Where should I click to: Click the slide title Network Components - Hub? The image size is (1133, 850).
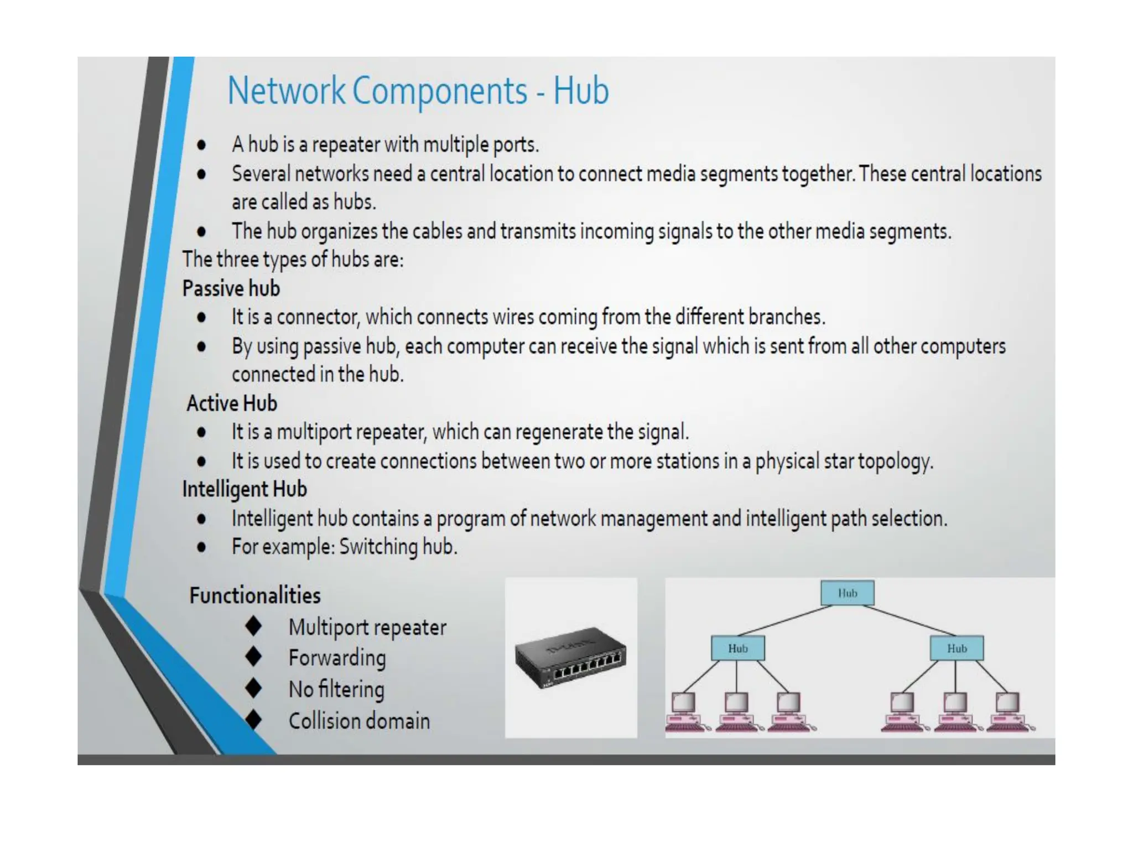pyautogui.click(x=418, y=91)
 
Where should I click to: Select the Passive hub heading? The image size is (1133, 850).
pyautogui.click(x=231, y=289)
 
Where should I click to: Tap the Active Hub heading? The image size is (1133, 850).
pyautogui.click(x=232, y=403)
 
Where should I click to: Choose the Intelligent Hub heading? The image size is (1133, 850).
pyautogui.click(x=245, y=490)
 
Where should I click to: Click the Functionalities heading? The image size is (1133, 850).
pyautogui.click(x=255, y=596)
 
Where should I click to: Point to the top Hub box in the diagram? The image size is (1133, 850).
pyautogui.click(x=847, y=593)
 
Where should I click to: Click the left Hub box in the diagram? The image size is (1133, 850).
pyautogui.click(x=737, y=649)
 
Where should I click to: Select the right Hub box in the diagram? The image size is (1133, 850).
pyautogui.click(x=957, y=649)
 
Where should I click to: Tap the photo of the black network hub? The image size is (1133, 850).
pyautogui.click(x=570, y=657)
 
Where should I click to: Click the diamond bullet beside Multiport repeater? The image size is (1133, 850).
pyautogui.click(x=254, y=626)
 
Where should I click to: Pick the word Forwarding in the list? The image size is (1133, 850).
pyautogui.click(x=337, y=658)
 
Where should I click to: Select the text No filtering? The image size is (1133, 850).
pyautogui.click(x=336, y=690)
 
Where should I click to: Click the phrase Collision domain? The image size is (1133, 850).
pyautogui.click(x=359, y=721)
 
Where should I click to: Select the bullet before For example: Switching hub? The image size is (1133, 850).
pyautogui.click(x=201, y=547)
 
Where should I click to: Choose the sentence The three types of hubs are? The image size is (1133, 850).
pyautogui.click(x=293, y=260)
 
